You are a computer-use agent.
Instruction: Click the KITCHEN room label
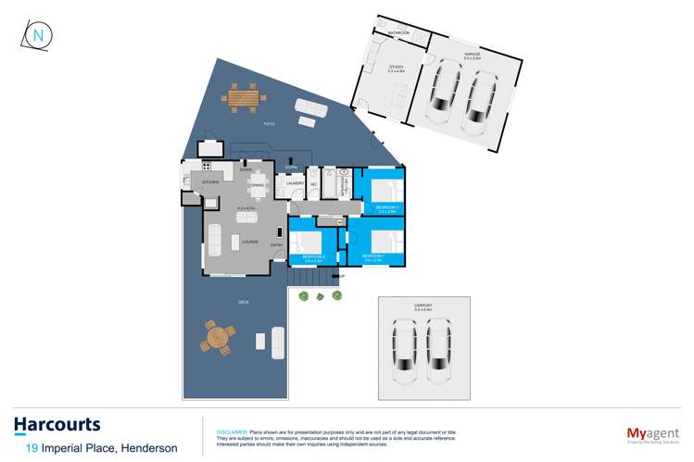tap(210, 182)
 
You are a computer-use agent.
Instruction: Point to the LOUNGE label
tap(249, 242)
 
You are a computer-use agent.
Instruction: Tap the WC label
tap(314, 183)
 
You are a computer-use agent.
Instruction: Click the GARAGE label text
tap(472, 56)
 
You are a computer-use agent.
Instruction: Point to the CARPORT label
tap(424, 304)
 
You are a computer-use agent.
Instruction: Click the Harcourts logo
tap(57, 425)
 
